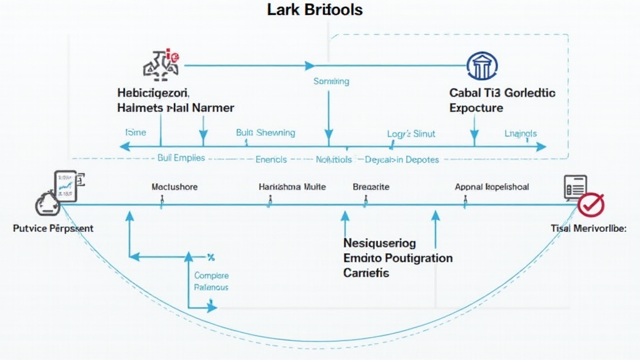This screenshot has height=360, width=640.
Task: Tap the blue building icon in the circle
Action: click(482, 65)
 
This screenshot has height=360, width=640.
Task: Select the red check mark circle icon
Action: click(591, 204)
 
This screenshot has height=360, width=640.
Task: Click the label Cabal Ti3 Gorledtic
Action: click(502, 92)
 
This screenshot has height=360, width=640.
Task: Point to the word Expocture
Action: click(476, 107)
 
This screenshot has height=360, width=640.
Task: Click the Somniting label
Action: click(331, 81)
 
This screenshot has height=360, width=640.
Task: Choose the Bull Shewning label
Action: click(265, 132)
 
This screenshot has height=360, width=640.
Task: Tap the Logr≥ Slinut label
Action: click(411, 133)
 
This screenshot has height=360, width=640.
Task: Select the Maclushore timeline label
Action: click(174, 186)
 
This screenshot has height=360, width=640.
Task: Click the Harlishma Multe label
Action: click(292, 186)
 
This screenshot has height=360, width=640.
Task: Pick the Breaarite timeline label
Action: click(371, 186)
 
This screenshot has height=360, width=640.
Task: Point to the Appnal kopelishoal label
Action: click(492, 186)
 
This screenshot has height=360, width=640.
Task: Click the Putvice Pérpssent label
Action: click(53, 228)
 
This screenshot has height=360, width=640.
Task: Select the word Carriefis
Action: click(366, 273)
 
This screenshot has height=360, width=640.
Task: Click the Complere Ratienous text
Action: click(211, 281)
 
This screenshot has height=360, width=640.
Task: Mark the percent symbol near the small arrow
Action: click(211, 257)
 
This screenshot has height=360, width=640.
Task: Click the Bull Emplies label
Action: click(181, 158)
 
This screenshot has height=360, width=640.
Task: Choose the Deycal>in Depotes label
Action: click(402, 159)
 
